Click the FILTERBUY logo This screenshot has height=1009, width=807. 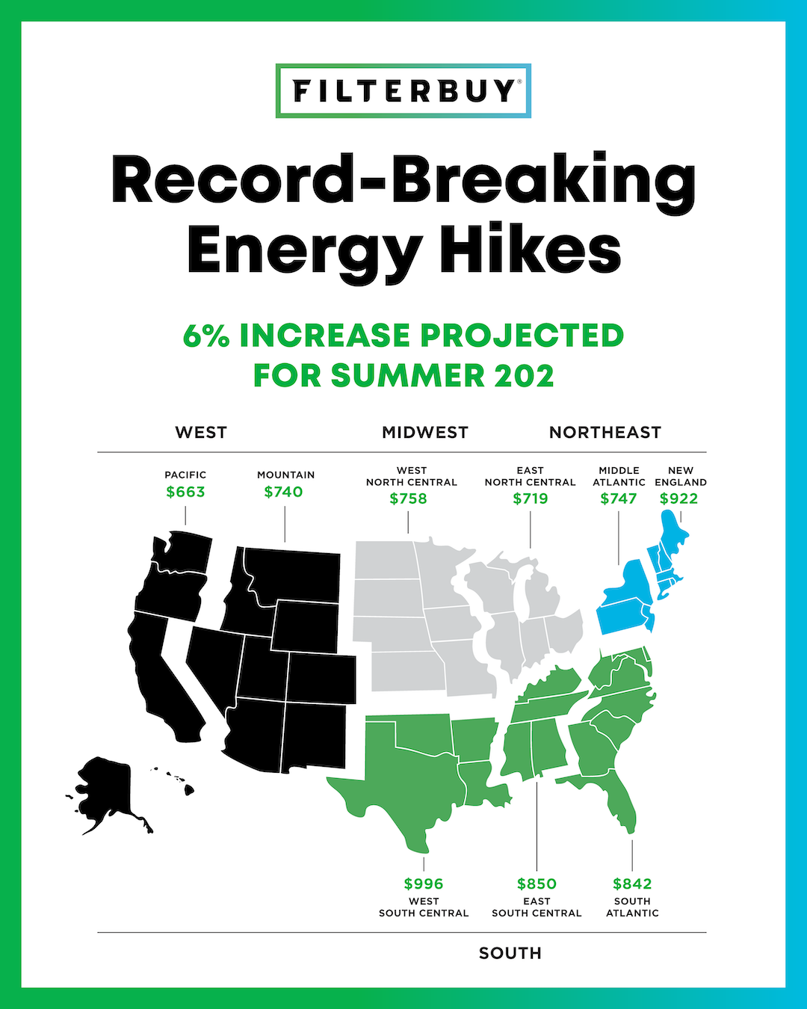pos(403,91)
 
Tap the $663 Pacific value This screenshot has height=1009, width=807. pos(185,492)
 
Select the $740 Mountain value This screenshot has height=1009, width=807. pos(283,492)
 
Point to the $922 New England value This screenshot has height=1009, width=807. pos(678,499)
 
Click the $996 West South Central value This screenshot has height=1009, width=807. pos(424,883)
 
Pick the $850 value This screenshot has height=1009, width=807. pos(537,883)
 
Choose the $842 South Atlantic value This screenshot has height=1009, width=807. pos(632,883)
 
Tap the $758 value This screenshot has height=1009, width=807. pos(408,499)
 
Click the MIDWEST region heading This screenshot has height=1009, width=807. pos(425,433)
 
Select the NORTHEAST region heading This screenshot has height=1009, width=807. pos(605,433)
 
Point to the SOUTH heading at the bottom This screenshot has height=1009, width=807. pos(510,953)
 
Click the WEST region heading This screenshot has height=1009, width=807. pos(201,433)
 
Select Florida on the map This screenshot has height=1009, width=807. pos(620,803)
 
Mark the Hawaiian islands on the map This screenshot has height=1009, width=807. pos(179,781)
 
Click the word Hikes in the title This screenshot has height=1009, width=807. pos(531,250)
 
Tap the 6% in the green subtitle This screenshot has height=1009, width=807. pos(206,336)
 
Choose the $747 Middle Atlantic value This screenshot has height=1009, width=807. pos(619,499)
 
